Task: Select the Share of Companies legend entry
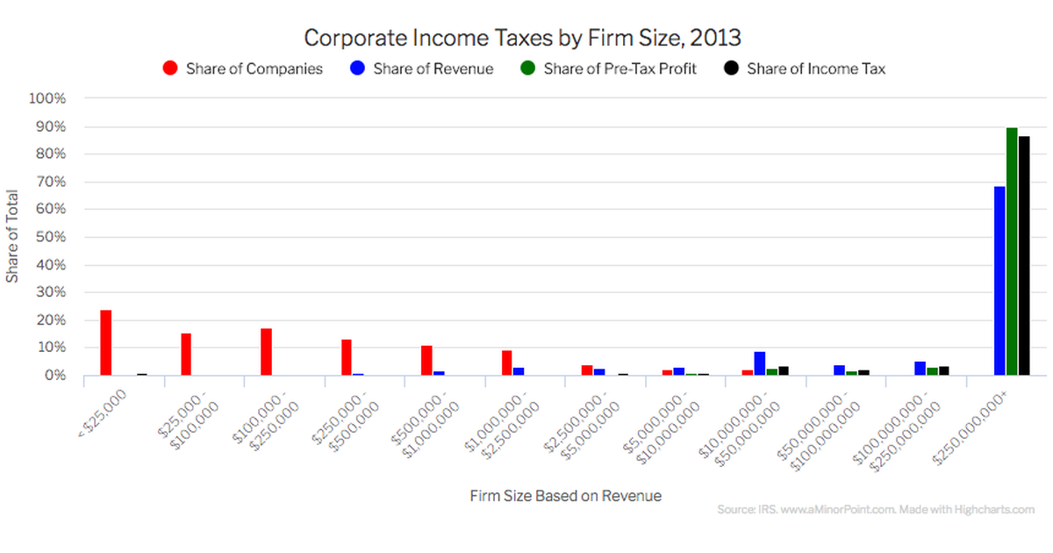(x=243, y=68)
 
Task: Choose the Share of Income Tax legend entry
(x=805, y=68)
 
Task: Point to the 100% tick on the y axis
(x=48, y=99)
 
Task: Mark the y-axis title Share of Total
(x=13, y=237)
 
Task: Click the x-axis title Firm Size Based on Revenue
(x=565, y=496)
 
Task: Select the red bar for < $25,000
(x=106, y=342)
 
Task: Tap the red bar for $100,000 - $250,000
(x=266, y=352)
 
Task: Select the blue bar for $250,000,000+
(x=999, y=281)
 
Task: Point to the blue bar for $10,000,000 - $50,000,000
(x=760, y=363)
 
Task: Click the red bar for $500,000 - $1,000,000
(x=426, y=360)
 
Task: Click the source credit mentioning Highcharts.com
(x=875, y=509)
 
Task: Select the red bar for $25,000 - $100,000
(x=186, y=354)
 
